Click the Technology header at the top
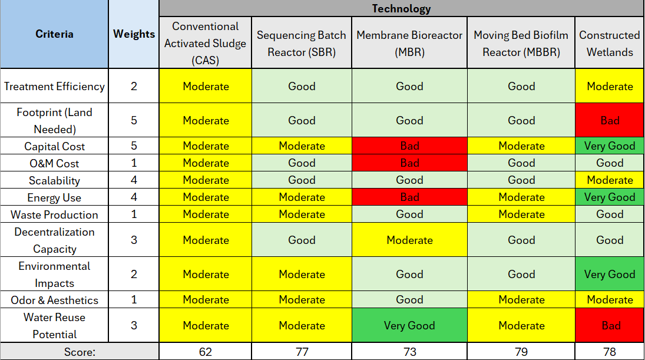(401, 8)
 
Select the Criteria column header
(54, 34)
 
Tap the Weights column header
(134, 34)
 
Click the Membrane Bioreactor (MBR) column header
(409, 44)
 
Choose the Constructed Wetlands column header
(609, 44)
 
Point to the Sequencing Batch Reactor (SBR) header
(301, 44)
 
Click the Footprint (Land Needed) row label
(54, 120)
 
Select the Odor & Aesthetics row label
(54, 300)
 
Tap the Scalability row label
(54, 180)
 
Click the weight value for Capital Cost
(134, 146)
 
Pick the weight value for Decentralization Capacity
(134, 240)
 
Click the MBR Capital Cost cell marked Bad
(409, 146)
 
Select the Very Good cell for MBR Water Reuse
(409, 325)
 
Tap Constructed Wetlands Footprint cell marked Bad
(610, 120)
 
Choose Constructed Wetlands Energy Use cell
(610, 197)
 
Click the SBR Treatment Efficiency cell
(302, 86)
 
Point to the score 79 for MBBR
(521, 352)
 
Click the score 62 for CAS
(206, 352)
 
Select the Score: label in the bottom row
(80, 352)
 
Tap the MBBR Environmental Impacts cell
(521, 274)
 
